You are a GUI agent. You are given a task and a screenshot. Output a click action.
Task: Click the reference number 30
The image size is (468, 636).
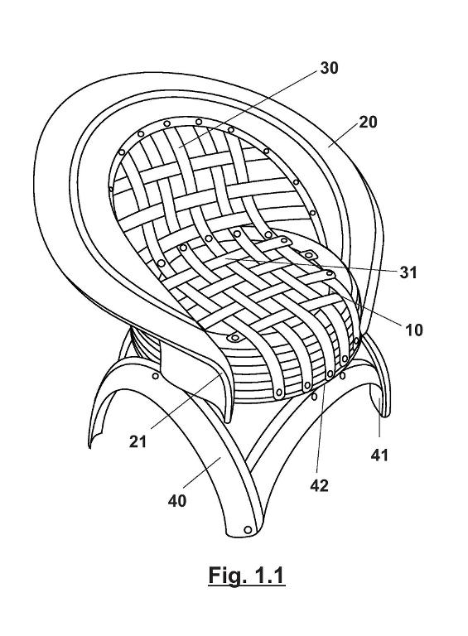(x=329, y=68)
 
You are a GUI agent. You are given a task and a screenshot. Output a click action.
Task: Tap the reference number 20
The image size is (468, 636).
(x=368, y=122)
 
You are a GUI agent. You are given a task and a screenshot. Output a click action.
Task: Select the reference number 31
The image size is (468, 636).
(x=408, y=272)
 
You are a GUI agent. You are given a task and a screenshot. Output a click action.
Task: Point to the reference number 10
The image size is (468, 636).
(x=413, y=330)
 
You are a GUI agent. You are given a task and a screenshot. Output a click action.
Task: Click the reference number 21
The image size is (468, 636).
(x=138, y=441)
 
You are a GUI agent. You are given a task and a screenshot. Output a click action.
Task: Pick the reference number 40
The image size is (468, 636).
(x=176, y=501)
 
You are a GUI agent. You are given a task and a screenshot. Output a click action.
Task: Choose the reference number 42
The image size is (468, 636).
(x=319, y=485)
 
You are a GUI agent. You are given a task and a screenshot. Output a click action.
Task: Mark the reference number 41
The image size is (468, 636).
(x=379, y=455)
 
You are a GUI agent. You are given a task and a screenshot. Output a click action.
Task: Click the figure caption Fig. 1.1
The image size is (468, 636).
(x=246, y=576)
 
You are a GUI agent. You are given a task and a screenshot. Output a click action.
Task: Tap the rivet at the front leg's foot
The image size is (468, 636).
(x=248, y=529)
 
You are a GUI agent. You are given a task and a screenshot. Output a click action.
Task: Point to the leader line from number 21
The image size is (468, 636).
(x=186, y=402)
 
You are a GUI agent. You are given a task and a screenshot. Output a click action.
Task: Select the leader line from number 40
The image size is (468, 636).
(x=202, y=472)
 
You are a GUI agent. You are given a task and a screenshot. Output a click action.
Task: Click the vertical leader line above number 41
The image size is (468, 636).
(x=379, y=417)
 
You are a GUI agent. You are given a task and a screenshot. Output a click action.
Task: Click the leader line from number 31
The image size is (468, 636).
(x=310, y=264)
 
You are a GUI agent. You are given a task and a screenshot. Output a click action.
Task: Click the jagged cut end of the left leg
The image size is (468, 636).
(x=98, y=439)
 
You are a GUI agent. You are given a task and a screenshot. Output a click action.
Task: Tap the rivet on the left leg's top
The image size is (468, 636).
(x=156, y=376)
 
